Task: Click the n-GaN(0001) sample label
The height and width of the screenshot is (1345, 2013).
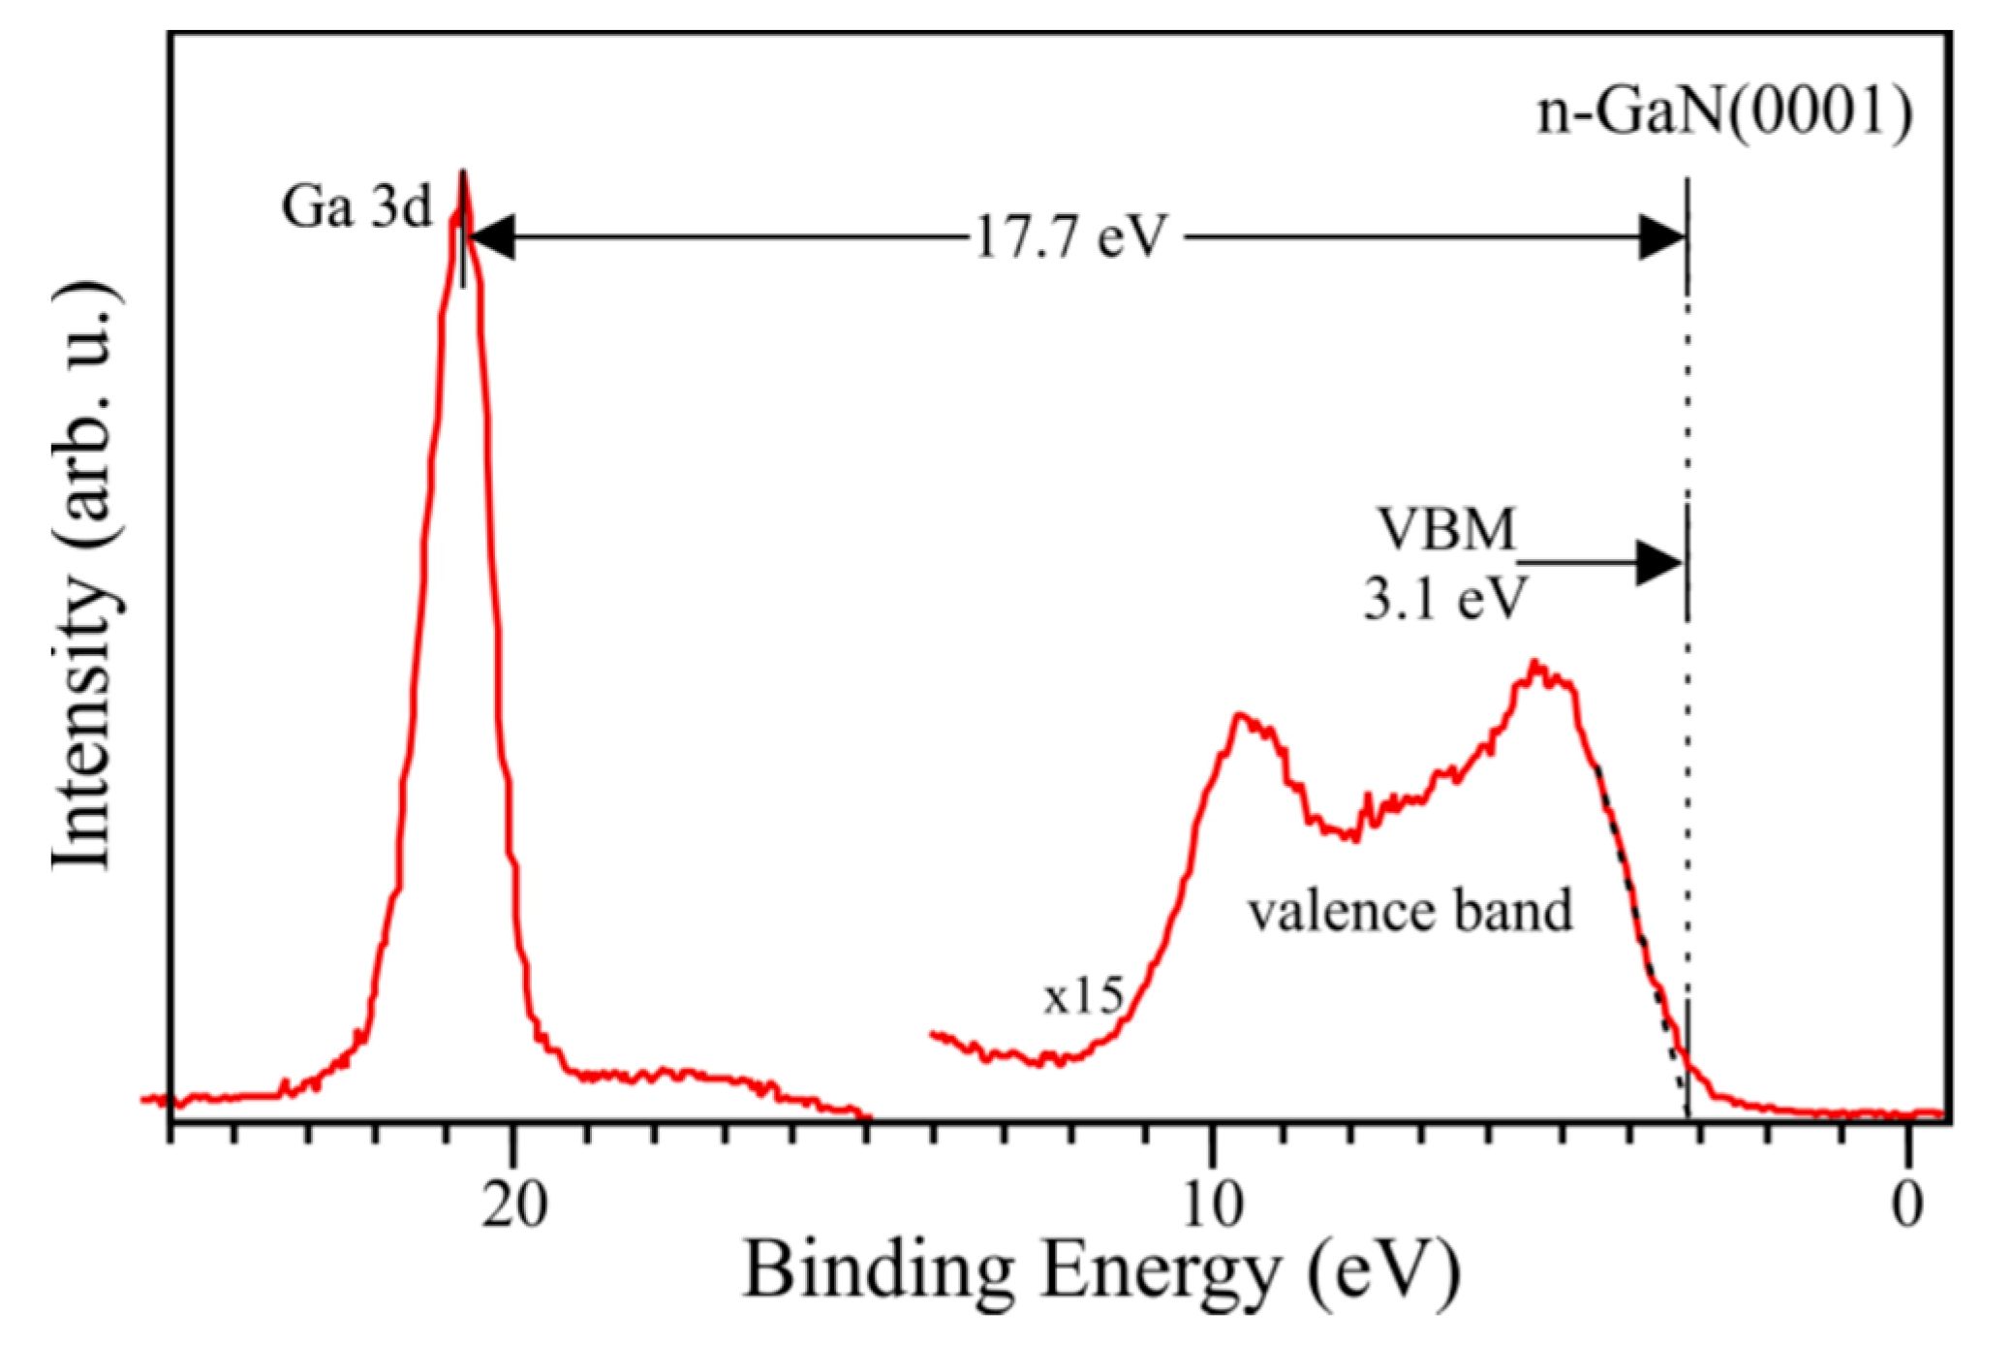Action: (1724, 112)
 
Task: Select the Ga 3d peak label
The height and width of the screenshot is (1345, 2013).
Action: (356, 206)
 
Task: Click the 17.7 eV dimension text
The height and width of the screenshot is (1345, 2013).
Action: (1071, 237)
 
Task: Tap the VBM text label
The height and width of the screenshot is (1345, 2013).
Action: (1446, 530)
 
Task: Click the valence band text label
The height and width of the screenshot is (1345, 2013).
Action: (1409, 912)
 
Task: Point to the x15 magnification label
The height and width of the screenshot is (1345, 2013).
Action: (1083, 996)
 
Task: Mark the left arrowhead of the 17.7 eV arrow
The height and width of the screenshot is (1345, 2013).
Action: (490, 237)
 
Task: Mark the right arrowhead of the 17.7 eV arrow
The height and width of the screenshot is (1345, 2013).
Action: (1662, 237)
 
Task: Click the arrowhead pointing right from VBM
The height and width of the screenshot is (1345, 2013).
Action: (1659, 563)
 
